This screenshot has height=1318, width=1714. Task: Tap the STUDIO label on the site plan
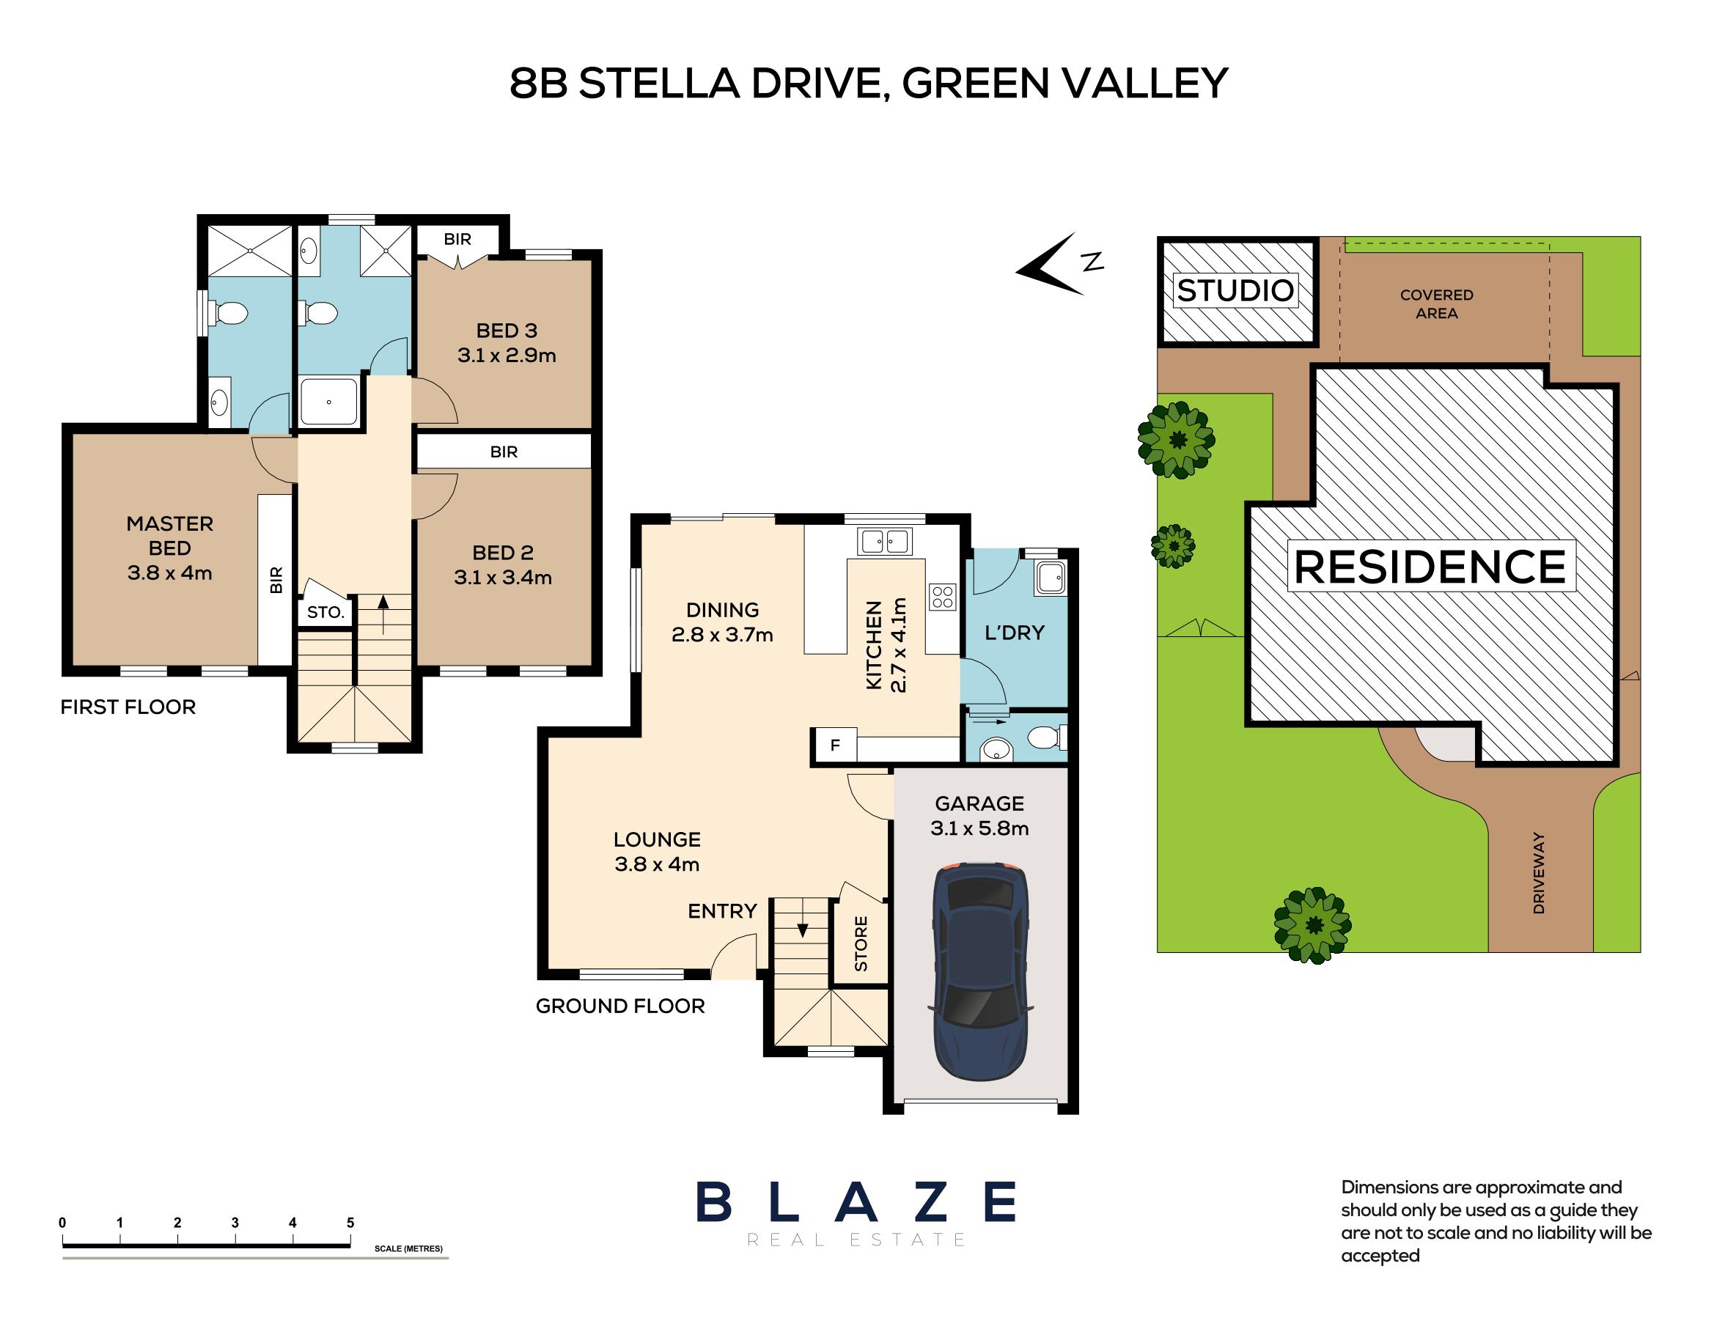(x=1235, y=291)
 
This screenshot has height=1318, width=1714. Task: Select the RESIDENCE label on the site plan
(x=1430, y=567)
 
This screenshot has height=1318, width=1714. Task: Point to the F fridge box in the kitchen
(x=835, y=745)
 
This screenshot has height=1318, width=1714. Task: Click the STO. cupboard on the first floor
(x=325, y=612)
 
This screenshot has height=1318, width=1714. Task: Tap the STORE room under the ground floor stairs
(x=861, y=943)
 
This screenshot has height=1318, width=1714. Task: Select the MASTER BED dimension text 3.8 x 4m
(x=169, y=573)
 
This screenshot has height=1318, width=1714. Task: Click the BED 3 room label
(x=507, y=331)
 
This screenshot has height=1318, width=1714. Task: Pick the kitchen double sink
(x=884, y=540)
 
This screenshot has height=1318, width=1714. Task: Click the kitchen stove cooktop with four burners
(x=943, y=597)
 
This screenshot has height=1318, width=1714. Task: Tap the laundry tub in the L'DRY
(x=1050, y=579)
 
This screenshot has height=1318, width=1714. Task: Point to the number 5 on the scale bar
(x=350, y=1222)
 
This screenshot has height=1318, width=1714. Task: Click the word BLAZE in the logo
(x=856, y=1202)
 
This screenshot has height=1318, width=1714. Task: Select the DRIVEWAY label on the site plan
(x=1538, y=873)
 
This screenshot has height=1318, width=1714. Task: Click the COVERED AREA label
(x=1436, y=303)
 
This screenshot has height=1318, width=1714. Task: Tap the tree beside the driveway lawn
(x=1312, y=925)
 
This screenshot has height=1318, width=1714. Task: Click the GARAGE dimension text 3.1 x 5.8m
(x=979, y=828)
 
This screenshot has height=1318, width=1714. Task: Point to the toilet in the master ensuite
(x=231, y=314)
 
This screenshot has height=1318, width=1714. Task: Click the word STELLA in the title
(x=659, y=84)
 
